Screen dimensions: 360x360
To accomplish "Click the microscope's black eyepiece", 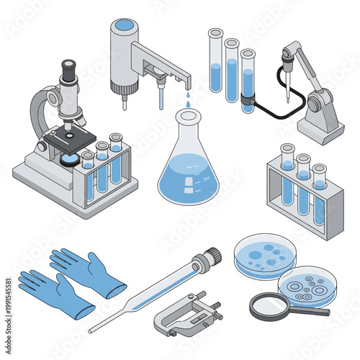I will click(x=68, y=70).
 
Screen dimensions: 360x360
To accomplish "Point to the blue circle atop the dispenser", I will click(x=125, y=25).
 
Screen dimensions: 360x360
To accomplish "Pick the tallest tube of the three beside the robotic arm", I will click(x=216, y=61).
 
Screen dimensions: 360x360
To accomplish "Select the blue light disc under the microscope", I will click(x=71, y=160).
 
